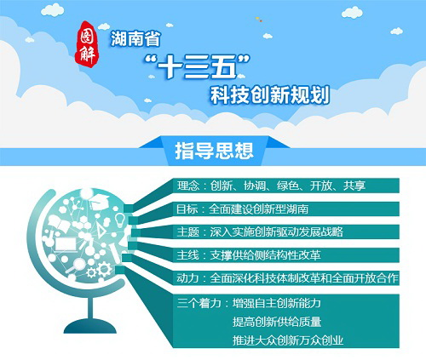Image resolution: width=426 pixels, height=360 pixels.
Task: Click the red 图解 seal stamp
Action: [x=87, y=44]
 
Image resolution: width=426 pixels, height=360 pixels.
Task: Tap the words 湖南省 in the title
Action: [x=135, y=38]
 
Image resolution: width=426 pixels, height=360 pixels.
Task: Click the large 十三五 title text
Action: [x=197, y=67]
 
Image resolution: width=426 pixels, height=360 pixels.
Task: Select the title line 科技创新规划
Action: [x=270, y=94]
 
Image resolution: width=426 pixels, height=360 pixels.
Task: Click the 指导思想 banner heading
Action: [x=214, y=151]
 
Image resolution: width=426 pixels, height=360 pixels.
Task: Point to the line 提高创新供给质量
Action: [x=277, y=322]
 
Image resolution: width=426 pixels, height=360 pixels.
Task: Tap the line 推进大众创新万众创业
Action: [x=288, y=340]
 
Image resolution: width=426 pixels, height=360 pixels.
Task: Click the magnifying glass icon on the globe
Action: [x=76, y=266]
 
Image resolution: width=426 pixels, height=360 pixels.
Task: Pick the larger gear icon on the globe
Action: [x=104, y=269]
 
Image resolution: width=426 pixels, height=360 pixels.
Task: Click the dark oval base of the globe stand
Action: [x=90, y=326]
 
